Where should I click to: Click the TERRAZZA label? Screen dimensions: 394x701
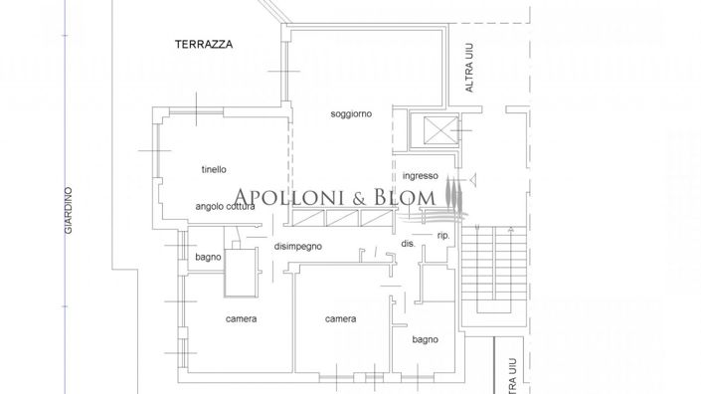tap(204, 45)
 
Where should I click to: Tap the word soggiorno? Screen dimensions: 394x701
tap(351, 114)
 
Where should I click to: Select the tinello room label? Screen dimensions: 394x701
tap(214, 169)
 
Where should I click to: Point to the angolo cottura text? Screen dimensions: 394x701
tap(226, 207)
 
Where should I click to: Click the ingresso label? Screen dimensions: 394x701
tap(421, 176)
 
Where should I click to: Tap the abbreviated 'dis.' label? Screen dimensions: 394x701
tap(408, 243)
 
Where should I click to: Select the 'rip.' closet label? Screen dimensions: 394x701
tap(443, 236)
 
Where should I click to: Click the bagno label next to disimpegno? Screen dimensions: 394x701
tap(208, 258)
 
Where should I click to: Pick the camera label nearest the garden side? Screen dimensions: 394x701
tap(242, 319)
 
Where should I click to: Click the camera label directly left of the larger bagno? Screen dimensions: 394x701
tap(340, 319)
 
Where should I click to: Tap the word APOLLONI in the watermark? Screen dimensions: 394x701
tap(288, 197)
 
